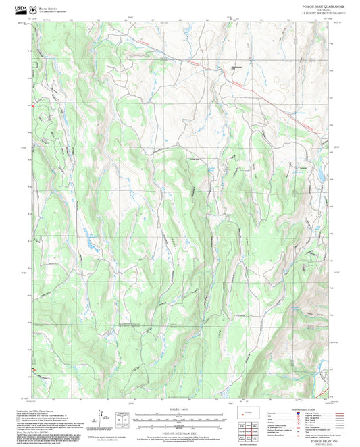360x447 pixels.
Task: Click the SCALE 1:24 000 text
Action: point(179,409)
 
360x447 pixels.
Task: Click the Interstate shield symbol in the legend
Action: point(299,413)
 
